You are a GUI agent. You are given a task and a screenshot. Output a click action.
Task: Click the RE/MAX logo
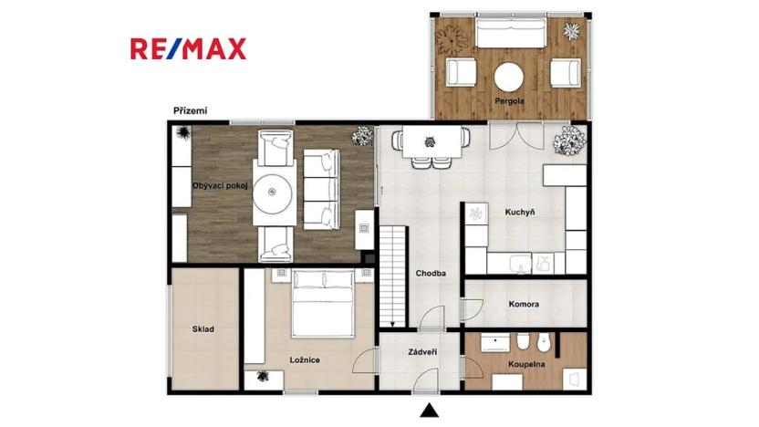[188, 49]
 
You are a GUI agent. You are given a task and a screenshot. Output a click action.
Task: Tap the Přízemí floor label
[191, 111]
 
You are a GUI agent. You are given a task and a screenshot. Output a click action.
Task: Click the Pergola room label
[509, 101]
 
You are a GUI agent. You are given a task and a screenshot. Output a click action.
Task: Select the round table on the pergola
[509, 77]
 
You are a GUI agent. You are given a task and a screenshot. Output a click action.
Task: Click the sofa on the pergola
[510, 33]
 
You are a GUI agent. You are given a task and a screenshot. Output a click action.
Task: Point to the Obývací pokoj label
[220, 185]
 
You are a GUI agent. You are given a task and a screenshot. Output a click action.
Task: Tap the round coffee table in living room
[272, 192]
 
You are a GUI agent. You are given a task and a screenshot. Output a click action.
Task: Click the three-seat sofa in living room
[321, 189]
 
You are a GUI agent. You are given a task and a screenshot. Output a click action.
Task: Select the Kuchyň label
[520, 212]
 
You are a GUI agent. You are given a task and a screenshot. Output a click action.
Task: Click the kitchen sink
[521, 264]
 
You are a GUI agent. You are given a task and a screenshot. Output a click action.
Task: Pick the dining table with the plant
[431, 141]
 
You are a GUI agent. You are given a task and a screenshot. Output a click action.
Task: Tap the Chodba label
[431, 274]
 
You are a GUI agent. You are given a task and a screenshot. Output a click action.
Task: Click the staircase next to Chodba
[392, 276]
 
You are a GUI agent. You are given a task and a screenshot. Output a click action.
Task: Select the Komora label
[524, 305]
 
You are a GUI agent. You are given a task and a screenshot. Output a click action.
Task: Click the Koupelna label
[526, 364]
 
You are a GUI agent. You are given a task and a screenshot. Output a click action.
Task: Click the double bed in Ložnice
[324, 303]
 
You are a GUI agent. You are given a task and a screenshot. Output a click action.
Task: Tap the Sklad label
[203, 329]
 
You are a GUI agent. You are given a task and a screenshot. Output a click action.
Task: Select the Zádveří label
[422, 352]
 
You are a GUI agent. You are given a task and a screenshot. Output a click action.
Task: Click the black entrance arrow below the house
[430, 411]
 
